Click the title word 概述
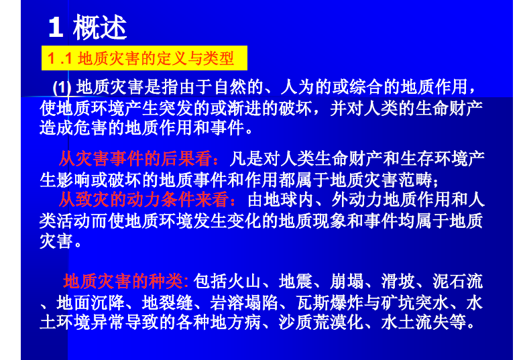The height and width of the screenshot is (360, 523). pos(100,27)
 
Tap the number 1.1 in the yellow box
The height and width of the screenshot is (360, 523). pos(60,58)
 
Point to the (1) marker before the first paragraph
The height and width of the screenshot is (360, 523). pos(62,88)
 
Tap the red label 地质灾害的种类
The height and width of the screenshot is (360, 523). pos(123,281)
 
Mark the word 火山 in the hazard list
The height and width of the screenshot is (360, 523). pos(244,281)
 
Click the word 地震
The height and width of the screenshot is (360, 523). pos(296,281)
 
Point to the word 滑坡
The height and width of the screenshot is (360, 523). pos(398,281)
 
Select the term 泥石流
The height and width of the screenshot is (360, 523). pos(457,281)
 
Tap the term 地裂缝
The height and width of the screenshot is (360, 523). pos(168,302)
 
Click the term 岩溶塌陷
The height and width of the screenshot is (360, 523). pos(244,302)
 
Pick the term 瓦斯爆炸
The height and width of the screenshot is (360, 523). pos(329,302)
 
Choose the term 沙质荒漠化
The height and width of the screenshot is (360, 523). pos(321,322)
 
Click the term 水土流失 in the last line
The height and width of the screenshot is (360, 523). pos(415,322)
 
